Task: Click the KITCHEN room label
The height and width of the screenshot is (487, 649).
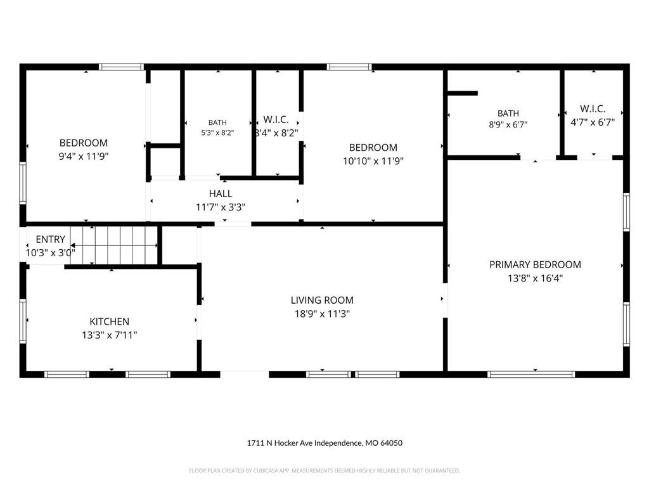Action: (x=109, y=321)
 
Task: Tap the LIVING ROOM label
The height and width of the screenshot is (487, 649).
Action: (x=322, y=300)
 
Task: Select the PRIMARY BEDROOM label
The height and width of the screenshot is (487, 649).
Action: (x=535, y=264)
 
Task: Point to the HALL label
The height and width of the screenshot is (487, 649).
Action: (x=221, y=193)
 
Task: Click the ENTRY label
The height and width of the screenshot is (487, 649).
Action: (x=51, y=239)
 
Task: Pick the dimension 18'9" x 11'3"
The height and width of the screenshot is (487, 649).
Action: (x=322, y=314)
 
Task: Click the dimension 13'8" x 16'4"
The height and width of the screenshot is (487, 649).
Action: (x=535, y=278)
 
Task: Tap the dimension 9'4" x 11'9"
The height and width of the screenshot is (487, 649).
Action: (x=84, y=157)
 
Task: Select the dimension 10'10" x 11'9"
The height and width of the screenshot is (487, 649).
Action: (x=373, y=161)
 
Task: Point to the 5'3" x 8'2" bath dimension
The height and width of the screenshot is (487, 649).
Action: (x=218, y=133)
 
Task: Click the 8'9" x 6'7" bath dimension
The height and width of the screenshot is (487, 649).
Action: (x=508, y=124)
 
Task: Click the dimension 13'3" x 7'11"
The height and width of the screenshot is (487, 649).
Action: (x=109, y=335)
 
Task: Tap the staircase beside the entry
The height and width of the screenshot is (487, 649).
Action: (x=113, y=245)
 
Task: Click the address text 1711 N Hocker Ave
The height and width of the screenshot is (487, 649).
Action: (x=280, y=443)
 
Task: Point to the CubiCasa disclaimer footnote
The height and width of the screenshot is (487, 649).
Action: (x=324, y=471)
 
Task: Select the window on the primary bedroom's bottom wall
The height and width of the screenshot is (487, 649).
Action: (x=531, y=374)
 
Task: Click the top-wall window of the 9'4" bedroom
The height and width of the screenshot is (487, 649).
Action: (x=121, y=67)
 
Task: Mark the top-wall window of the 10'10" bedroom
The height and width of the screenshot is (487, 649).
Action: (x=349, y=67)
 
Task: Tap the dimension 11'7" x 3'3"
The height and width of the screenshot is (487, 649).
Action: (x=221, y=207)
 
